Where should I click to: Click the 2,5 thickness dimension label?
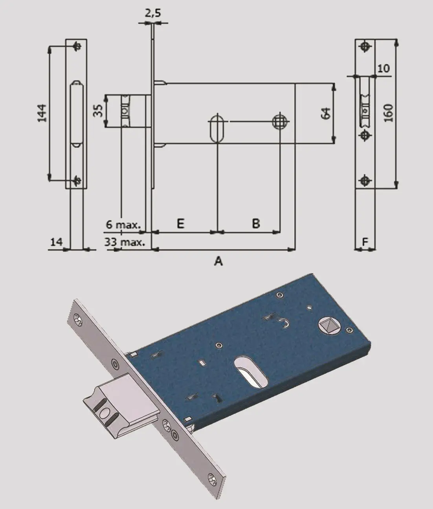point(153,13)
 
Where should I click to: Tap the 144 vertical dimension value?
point(42,112)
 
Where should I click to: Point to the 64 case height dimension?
point(325,113)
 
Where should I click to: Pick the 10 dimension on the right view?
point(383,68)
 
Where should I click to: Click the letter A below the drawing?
point(218,261)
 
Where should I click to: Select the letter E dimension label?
point(180,224)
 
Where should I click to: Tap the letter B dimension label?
point(255,224)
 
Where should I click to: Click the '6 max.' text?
point(123,225)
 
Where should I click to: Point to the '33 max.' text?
point(125,242)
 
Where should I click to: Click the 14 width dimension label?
point(56,242)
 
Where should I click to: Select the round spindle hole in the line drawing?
point(279,121)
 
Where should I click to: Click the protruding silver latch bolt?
point(118,409)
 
